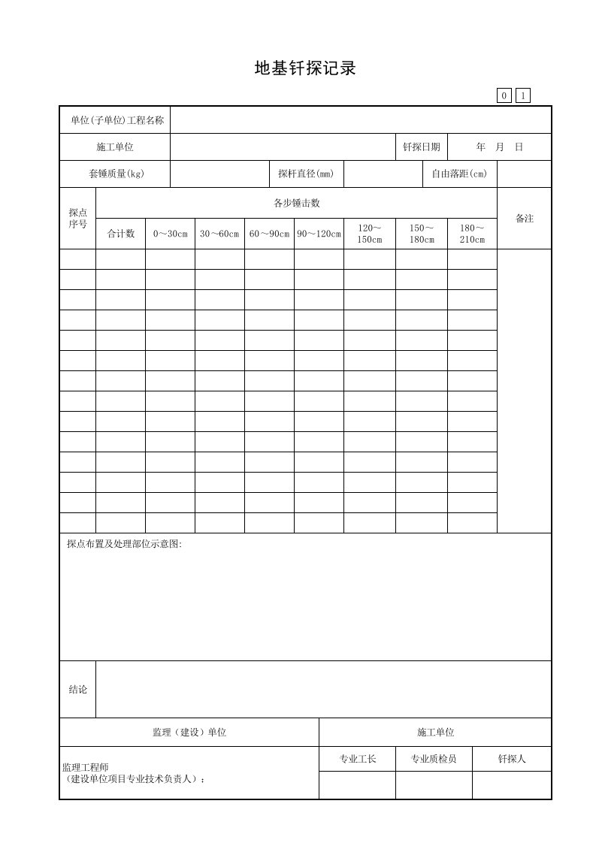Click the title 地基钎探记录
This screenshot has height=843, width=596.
coord(304,69)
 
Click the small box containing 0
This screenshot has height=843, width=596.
coord(504,95)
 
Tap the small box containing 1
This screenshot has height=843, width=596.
coord(522,95)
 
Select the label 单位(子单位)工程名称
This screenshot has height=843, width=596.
coord(116,120)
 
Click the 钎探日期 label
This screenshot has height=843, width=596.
coord(422,147)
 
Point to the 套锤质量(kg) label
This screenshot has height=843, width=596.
coord(116,174)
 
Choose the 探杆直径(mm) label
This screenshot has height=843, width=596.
coord(306,174)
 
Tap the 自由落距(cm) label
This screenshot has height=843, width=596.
coord(459,174)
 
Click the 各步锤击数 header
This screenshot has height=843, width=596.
coord(297,203)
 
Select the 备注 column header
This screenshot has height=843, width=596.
coord(525,218)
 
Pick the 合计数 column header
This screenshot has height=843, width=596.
coord(121,234)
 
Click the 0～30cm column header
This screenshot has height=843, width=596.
coord(171,234)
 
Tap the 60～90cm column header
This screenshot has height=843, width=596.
coord(269,234)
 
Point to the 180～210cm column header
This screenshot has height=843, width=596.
coord(472,234)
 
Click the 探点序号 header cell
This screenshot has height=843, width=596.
coord(78,218)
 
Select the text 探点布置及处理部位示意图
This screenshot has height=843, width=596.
coord(125,544)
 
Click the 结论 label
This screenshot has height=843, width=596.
coord(78,689)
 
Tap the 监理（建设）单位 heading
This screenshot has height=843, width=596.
coord(189,732)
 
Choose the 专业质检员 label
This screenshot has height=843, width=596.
coord(434,759)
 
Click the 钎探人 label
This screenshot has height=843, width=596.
coord(512,759)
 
